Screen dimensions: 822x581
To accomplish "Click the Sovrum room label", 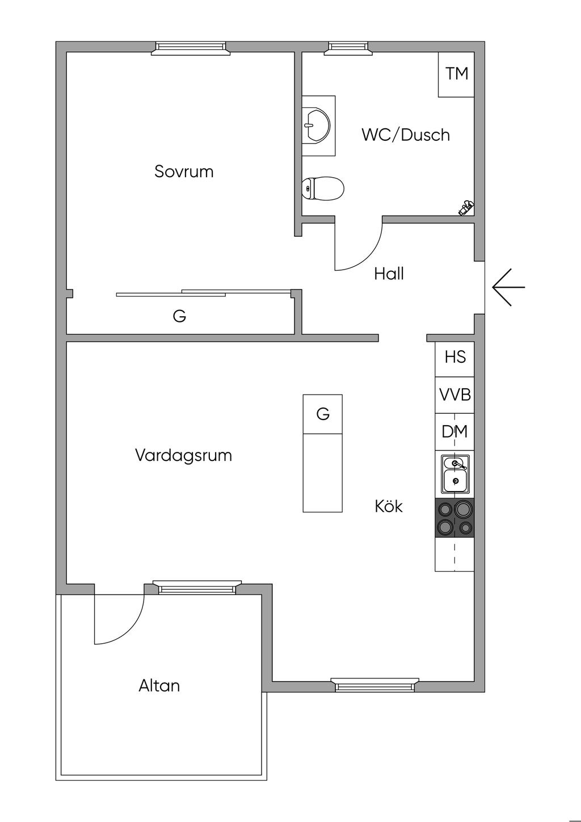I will pyautogui.click(x=184, y=171).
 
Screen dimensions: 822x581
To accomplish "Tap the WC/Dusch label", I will pyautogui.click(x=406, y=135).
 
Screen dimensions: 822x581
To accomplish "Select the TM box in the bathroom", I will pyautogui.click(x=457, y=74).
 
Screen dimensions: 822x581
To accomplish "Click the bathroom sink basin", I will pyautogui.click(x=316, y=124).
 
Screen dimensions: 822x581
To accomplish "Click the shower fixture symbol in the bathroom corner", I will pyautogui.click(x=466, y=208).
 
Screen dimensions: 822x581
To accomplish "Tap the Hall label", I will pyautogui.click(x=389, y=274).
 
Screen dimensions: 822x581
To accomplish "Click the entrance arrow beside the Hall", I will pyautogui.click(x=508, y=287).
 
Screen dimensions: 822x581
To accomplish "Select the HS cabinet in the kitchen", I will pyautogui.click(x=455, y=357).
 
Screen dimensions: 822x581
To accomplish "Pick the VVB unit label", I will pyautogui.click(x=455, y=395).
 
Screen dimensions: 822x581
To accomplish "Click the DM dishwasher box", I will pyautogui.click(x=455, y=432).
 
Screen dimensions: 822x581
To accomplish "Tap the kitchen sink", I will pyautogui.click(x=455, y=474).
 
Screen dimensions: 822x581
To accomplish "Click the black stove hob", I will pyautogui.click(x=454, y=518).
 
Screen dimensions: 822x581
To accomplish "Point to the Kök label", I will pyautogui.click(x=389, y=506).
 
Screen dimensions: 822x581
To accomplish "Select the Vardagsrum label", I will pyautogui.click(x=183, y=455).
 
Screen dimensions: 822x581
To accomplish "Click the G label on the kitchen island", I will pyautogui.click(x=323, y=414).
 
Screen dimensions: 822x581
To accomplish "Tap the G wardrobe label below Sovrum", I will pyautogui.click(x=179, y=316).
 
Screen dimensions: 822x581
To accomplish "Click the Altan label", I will pyautogui.click(x=159, y=686).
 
